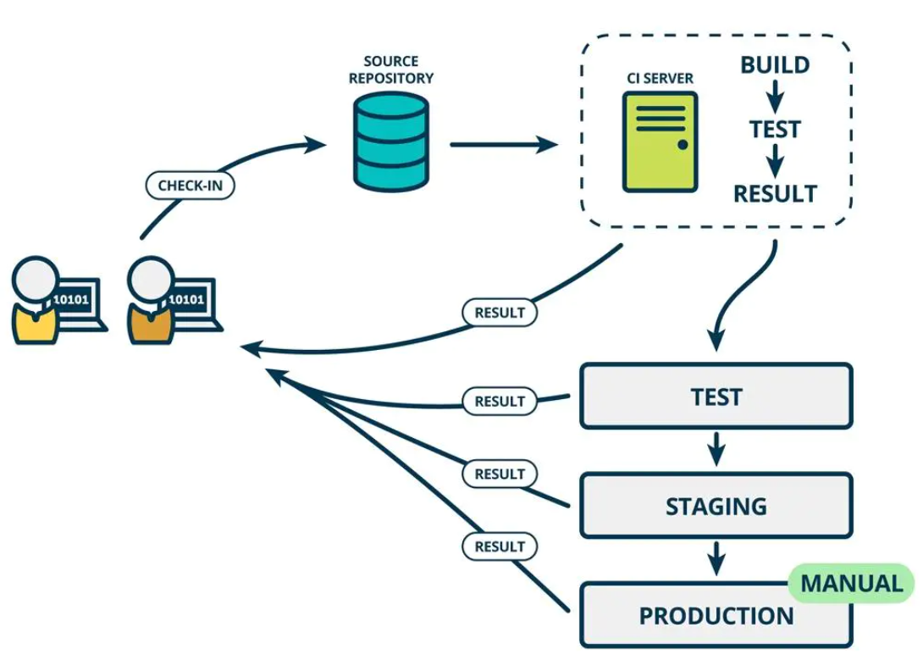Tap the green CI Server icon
pyautogui.click(x=660, y=141)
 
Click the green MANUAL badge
pyautogui.click(x=851, y=583)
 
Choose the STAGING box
pyautogui.click(x=716, y=506)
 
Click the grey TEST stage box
pyautogui.click(x=716, y=397)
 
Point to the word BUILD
pyautogui.click(x=774, y=65)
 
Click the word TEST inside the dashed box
pyautogui.click(x=774, y=129)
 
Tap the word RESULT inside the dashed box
pyautogui.click(x=774, y=194)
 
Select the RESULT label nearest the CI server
pyautogui.click(x=500, y=313)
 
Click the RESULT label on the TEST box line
pyautogui.click(x=500, y=401)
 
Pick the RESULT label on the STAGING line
pyautogui.click(x=500, y=474)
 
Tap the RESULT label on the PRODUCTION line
pyautogui.click(x=500, y=547)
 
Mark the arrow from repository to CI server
pyautogui.click(x=503, y=145)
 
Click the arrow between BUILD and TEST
pyautogui.click(x=774, y=97)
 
